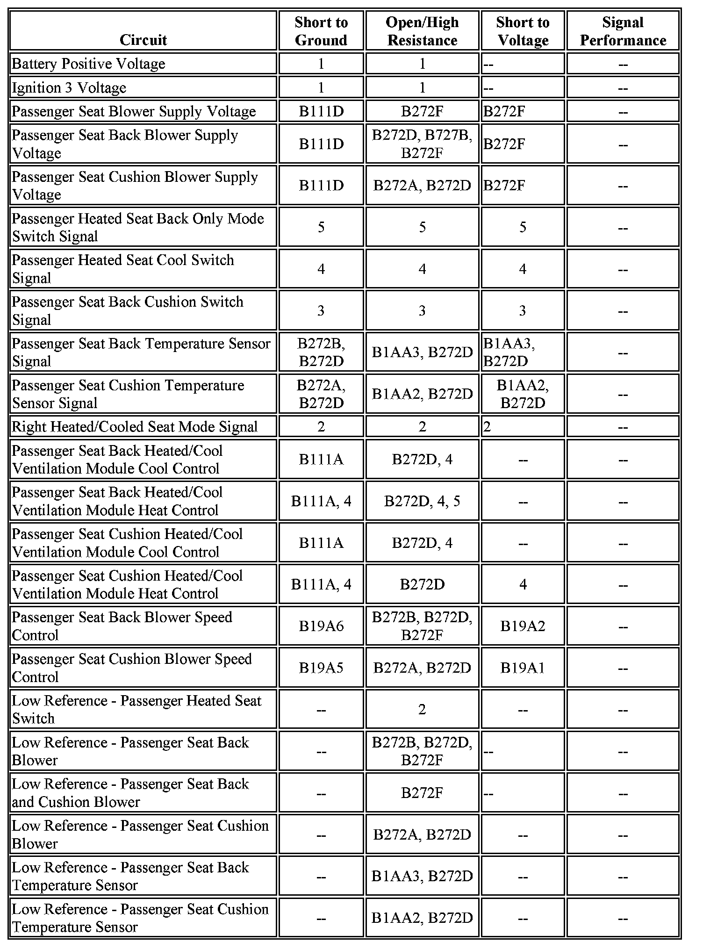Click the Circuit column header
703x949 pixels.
click(143, 40)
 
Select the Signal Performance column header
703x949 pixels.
click(623, 31)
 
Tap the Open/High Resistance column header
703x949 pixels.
click(422, 31)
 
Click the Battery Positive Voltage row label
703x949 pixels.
click(88, 64)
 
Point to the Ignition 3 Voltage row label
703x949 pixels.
click(69, 87)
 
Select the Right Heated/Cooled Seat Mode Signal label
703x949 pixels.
click(135, 426)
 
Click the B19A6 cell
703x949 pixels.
click(321, 626)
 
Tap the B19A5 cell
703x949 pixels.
click(321, 668)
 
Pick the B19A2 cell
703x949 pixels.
click(523, 626)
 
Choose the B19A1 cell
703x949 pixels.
click(523, 668)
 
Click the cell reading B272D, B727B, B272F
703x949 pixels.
click(422, 144)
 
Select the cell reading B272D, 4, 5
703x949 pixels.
click(422, 501)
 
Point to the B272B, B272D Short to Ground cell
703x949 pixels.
click(321, 352)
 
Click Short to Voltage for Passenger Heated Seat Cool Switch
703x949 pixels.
click(523, 269)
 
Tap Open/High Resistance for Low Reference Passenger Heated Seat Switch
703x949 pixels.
click(422, 709)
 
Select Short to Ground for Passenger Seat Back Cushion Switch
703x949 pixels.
click(321, 310)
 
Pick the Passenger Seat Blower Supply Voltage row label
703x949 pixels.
click(134, 111)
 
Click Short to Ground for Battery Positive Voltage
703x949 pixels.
click(321, 64)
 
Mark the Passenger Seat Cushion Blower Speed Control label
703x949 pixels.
click(131, 668)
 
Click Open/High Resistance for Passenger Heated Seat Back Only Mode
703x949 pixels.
click(422, 227)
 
